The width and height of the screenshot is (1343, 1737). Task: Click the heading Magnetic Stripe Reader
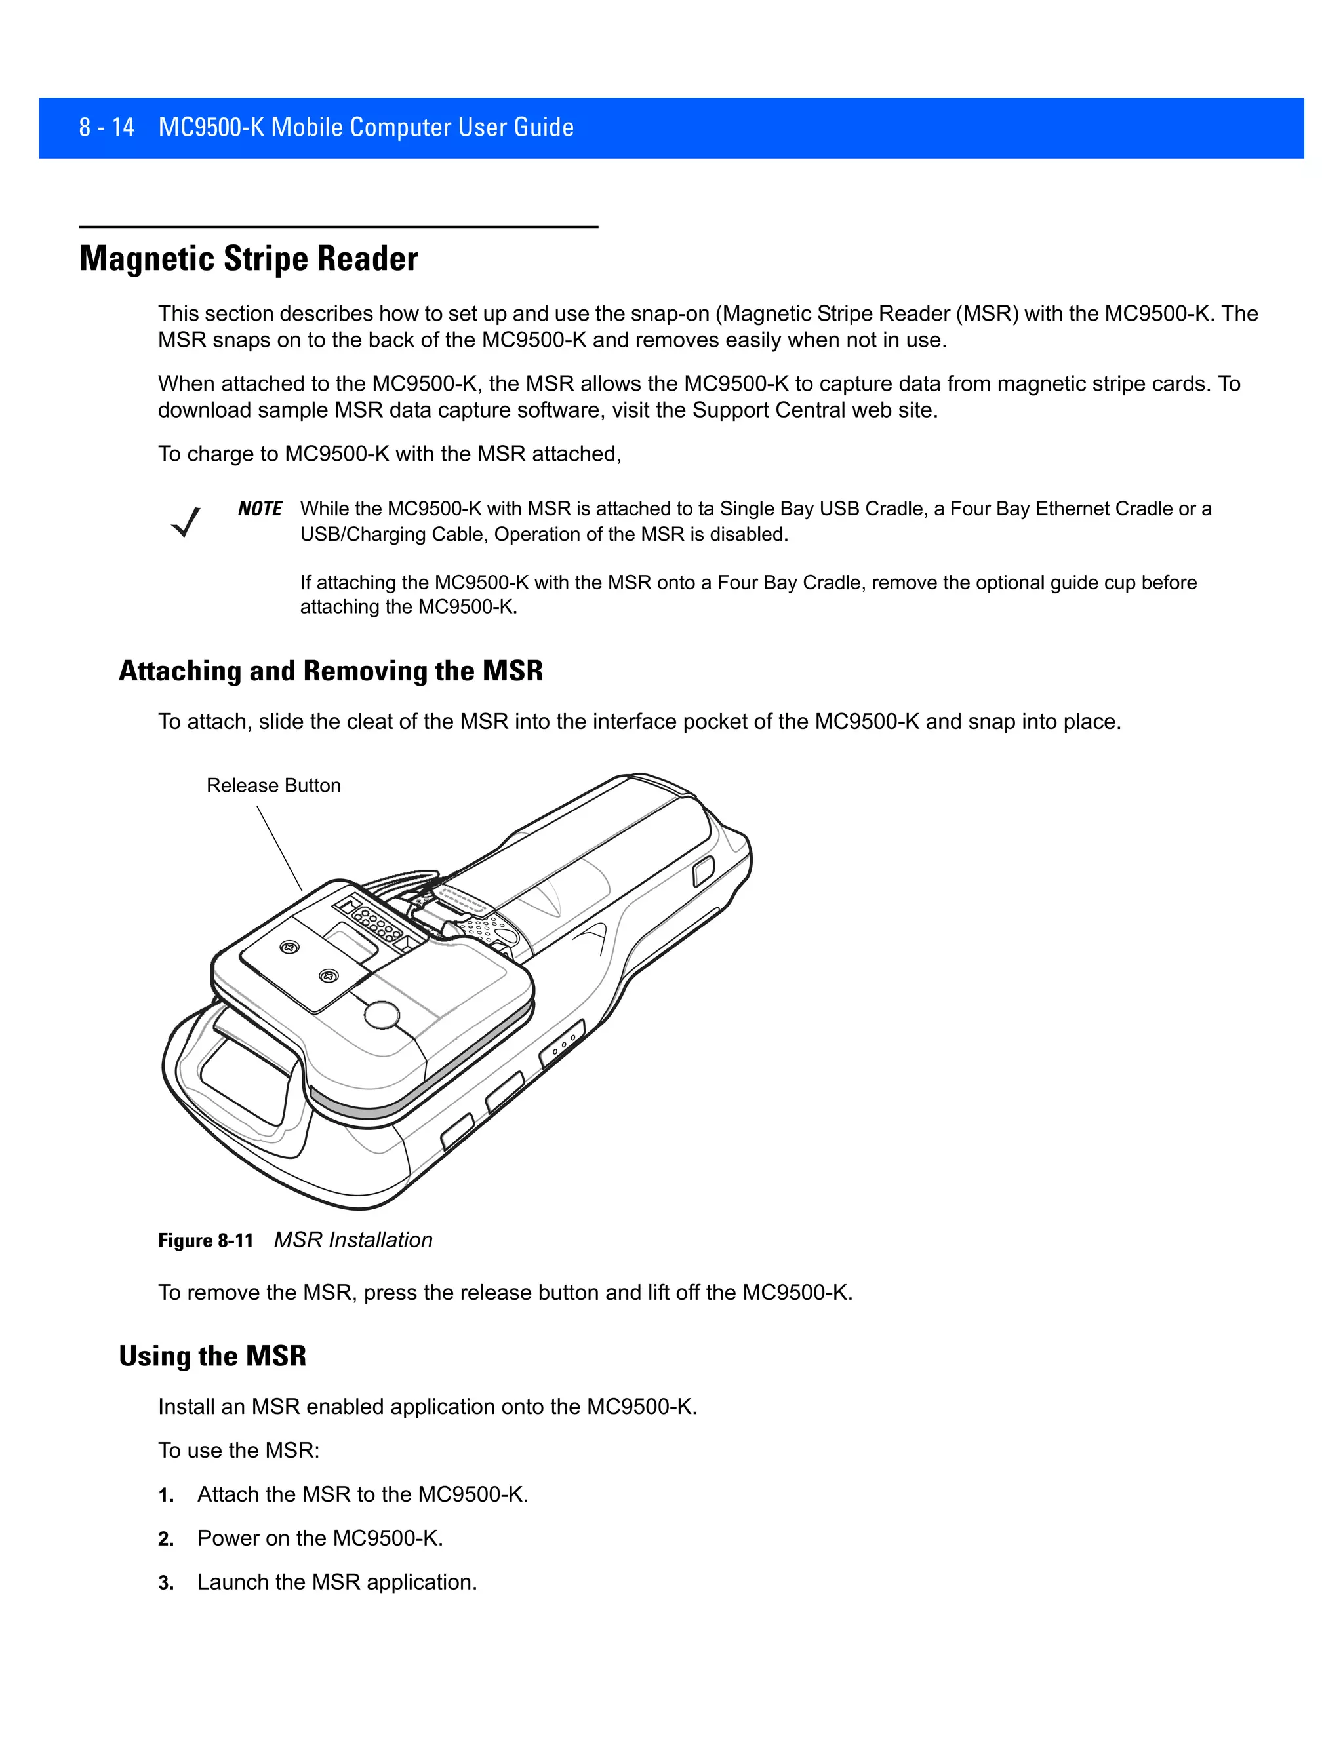pos(249,260)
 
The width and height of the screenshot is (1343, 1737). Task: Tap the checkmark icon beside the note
pos(186,522)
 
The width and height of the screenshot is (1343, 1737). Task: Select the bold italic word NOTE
pos(260,509)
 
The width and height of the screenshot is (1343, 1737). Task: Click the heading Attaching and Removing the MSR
pos(331,671)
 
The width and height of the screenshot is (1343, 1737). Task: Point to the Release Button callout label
pos(273,786)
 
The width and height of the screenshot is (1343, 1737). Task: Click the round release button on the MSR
pos(382,1015)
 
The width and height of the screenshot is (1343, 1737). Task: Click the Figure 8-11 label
pos(205,1241)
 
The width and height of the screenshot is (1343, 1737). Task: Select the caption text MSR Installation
pos(352,1240)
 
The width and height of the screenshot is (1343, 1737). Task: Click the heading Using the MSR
pos(212,1356)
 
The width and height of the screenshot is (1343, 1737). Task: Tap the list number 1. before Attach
pos(165,1495)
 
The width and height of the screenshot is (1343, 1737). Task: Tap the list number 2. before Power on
pos(165,1539)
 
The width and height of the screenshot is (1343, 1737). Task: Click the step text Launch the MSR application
pos(336,1583)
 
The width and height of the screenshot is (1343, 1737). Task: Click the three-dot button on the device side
pos(563,1044)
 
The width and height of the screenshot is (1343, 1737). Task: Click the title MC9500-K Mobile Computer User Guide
pos(366,127)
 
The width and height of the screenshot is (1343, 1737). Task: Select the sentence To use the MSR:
pos(239,1451)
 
